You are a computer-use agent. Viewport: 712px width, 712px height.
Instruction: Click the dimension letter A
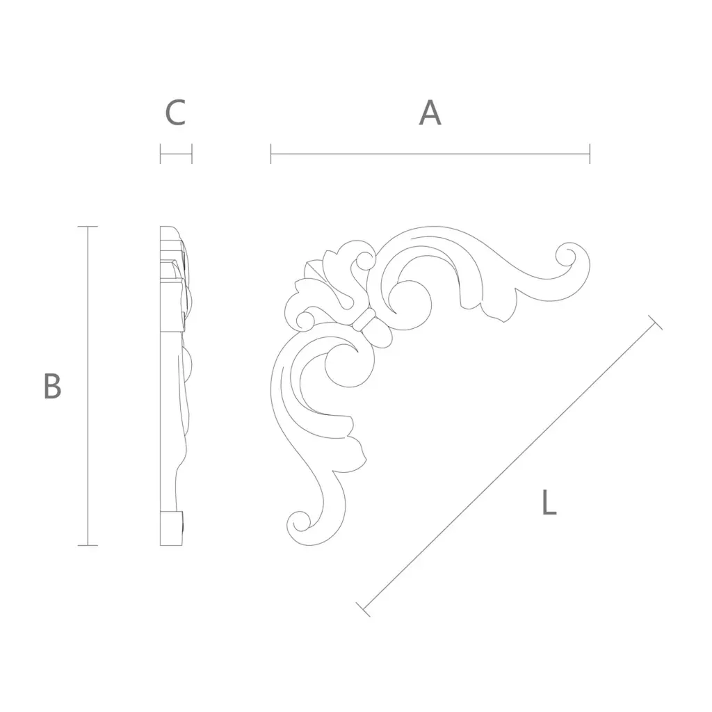[430, 113]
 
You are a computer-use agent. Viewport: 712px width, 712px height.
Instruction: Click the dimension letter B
[52, 386]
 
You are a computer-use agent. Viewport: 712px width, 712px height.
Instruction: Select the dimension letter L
[549, 502]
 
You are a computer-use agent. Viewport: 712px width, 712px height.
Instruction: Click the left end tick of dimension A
[270, 154]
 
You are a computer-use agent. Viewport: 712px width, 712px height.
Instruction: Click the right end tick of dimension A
[590, 154]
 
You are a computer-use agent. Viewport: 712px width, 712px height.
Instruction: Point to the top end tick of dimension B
[88, 226]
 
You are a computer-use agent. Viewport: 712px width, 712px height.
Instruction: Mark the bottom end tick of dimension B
[88, 545]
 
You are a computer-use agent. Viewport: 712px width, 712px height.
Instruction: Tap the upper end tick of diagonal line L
[655, 322]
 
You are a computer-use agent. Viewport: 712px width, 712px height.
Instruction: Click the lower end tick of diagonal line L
[363, 609]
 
